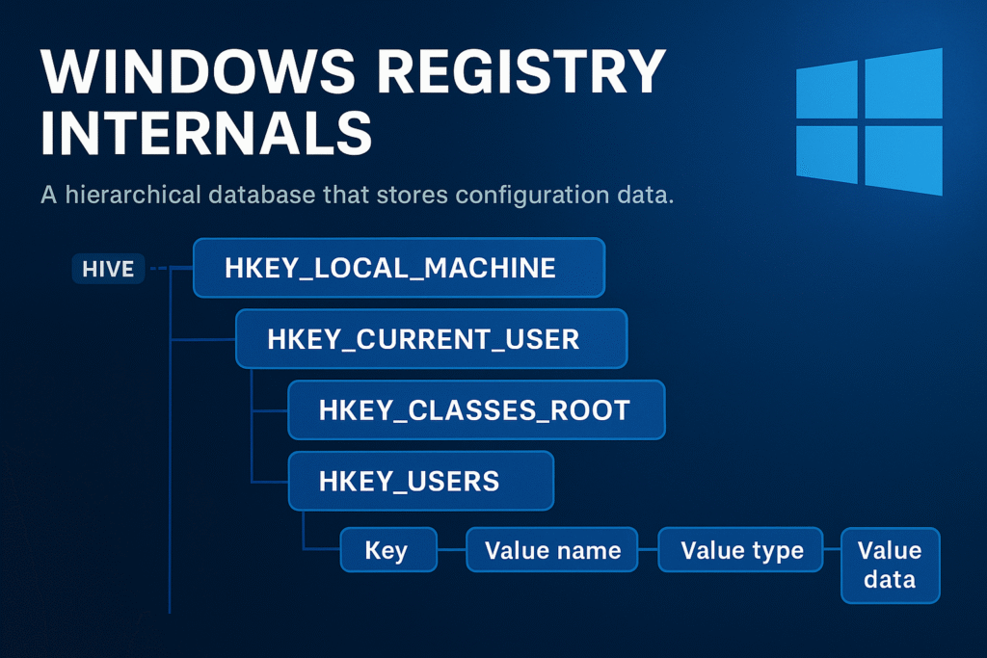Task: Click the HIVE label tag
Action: click(x=108, y=269)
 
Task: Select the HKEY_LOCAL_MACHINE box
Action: click(x=399, y=268)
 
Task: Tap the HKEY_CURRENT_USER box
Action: click(x=432, y=338)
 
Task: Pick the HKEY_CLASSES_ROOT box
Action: click(x=476, y=409)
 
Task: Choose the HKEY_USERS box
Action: click(x=421, y=481)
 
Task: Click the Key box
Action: click(x=388, y=550)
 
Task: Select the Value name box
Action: click(x=552, y=550)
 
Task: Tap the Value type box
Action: click(x=741, y=550)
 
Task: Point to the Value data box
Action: click(x=890, y=566)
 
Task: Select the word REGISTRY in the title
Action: click(x=521, y=70)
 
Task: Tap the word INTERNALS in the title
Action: click(x=207, y=132)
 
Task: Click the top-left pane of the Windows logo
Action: click(x=826, y=90)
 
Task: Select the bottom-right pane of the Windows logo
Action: click(x=904, y=161)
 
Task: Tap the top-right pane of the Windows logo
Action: click(x=904, y=83)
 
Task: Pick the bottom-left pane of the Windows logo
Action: click(x=826, y=155)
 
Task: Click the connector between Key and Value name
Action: click(x=452, y=550)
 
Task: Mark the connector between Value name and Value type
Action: click(x=649, y=550)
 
